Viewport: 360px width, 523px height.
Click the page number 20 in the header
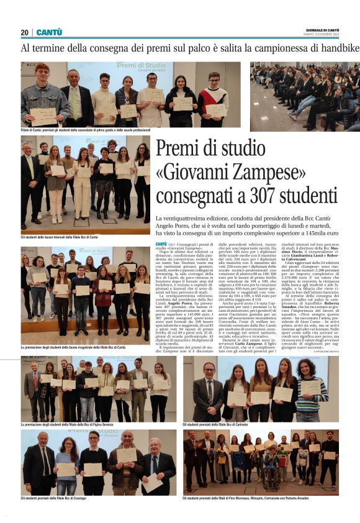25,32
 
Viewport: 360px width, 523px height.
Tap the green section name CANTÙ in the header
49,32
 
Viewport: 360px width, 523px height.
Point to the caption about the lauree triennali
60,237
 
